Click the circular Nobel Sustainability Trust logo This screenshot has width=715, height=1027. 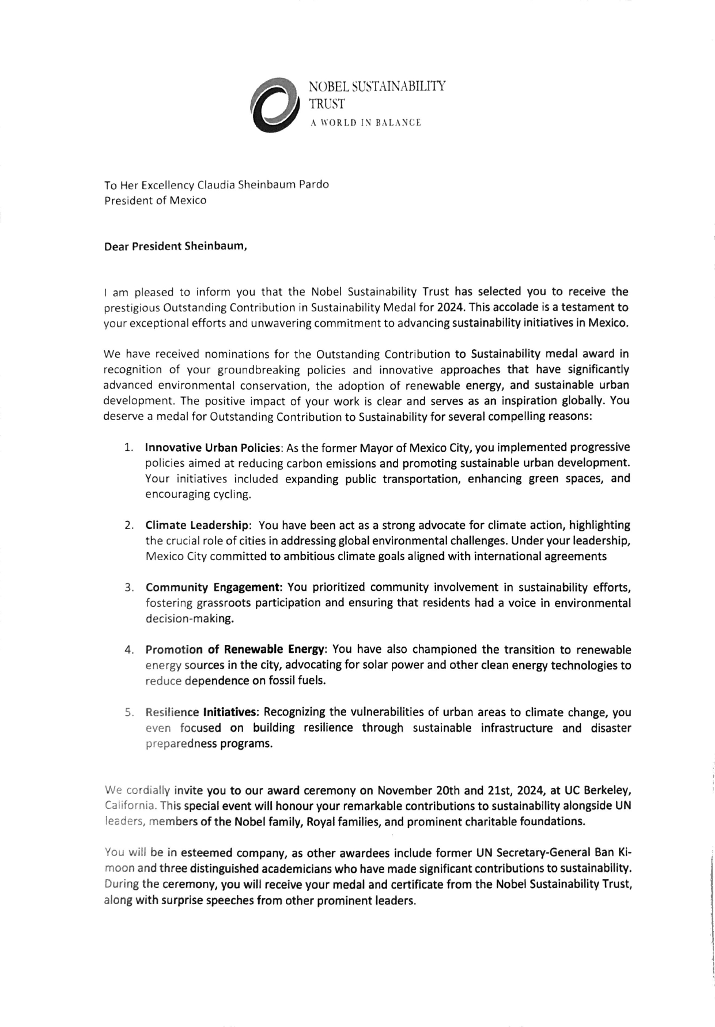click(275, 105)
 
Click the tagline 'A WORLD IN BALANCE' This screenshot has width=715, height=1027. click(365, 123)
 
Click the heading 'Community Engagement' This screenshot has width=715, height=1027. click(213, 588)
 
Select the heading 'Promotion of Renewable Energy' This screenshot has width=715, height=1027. click(236, 650)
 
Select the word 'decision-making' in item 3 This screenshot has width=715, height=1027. click(181, 620)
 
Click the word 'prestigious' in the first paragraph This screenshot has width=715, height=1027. click(130, 307)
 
